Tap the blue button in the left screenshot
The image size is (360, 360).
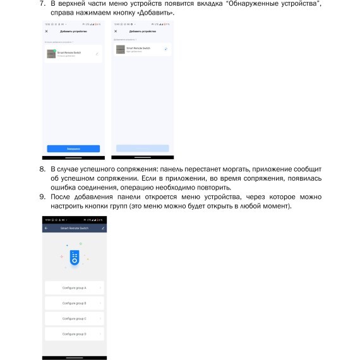[73, 148]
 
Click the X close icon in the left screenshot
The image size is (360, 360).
[46, 31]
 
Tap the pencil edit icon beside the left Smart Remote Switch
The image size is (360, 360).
[97, 54]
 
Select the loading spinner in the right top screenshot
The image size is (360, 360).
[165, 49]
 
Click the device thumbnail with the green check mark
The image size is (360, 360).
[51, 54]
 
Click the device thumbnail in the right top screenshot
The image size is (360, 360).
[120, 49]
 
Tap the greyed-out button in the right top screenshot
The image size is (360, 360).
[142, 148]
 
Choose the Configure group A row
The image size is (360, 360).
[75, 287]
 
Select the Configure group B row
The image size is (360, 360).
[75, 303]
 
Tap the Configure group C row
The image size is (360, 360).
[75, 318]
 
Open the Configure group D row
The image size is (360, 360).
[75, 333]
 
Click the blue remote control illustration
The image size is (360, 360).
[75, 258]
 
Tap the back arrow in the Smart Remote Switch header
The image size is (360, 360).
[46, 227]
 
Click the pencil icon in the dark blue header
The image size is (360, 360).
[102, 227]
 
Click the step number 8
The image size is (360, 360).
[43, 169]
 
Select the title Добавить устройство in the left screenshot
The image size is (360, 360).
[73, 31]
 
